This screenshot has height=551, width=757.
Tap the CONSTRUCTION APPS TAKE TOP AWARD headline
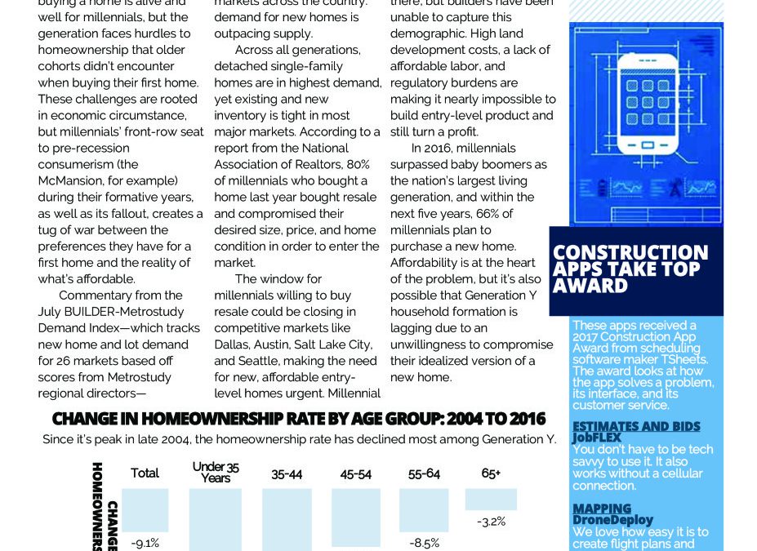tap(630, 269)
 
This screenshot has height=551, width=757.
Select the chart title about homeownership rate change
tap(298, 420)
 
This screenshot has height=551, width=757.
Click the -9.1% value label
tap(145, 542)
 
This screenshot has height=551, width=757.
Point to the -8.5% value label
tap(425, 541)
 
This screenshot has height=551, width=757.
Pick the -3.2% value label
tap(490, 521)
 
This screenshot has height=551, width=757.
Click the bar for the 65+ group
tap(491, 499)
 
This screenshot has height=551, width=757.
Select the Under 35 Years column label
tap(216, 472)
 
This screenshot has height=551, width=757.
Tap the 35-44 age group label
tap(287, 473)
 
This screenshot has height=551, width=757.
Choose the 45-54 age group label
tap(355, 473)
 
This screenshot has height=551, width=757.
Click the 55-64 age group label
tap(425, 473)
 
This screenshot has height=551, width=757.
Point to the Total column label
tap(145, 473)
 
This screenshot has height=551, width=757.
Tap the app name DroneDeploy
tap(612, 520)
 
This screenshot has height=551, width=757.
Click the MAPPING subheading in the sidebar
tap(602, 509)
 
